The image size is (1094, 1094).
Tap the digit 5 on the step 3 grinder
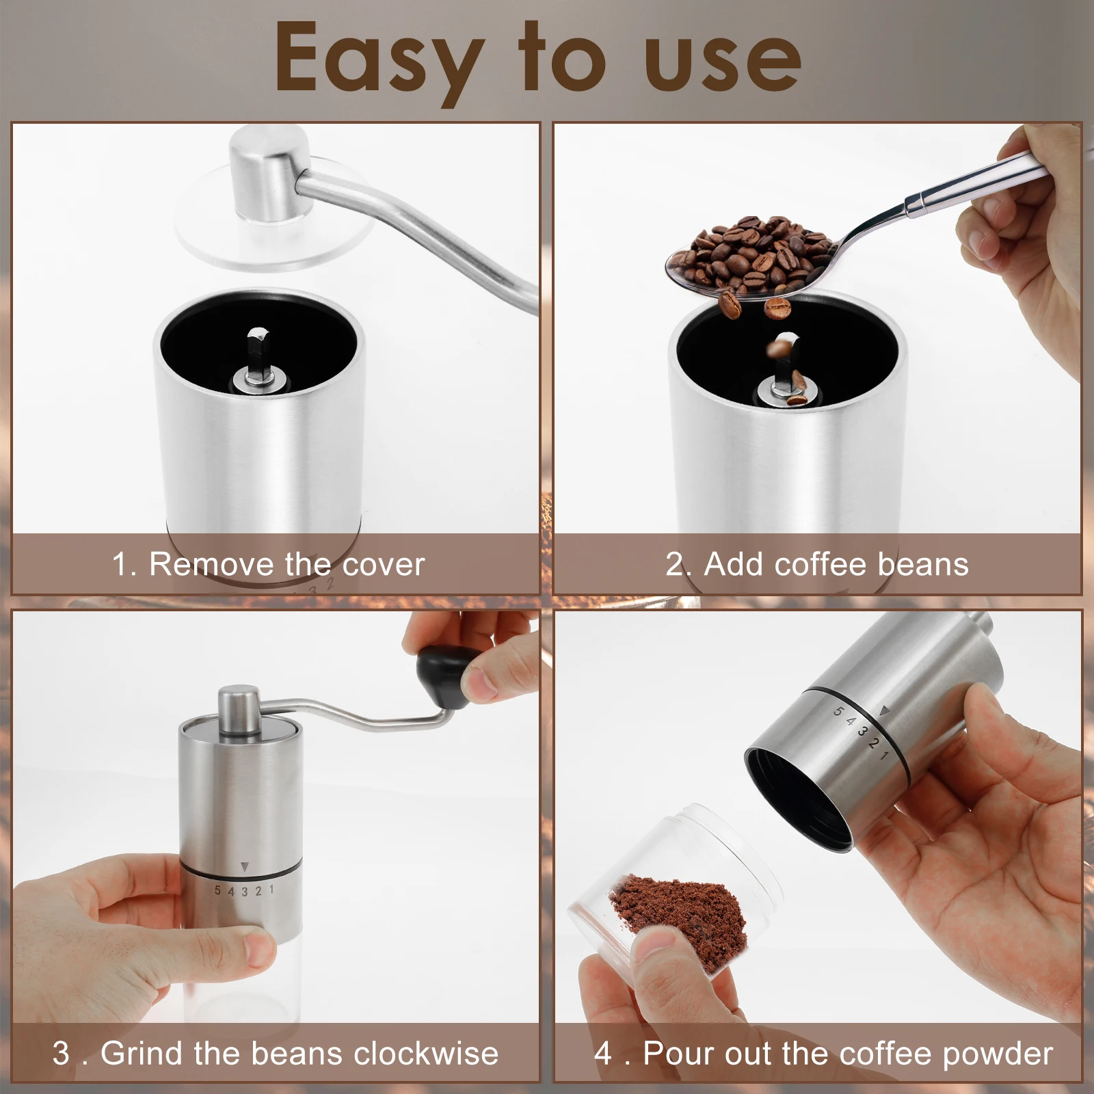click(x=217, y=891)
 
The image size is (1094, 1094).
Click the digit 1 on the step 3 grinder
click(x=271, y=890)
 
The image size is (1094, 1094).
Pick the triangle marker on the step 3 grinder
click(x=245, y=867)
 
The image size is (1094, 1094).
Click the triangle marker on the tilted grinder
click(x=884, y=711)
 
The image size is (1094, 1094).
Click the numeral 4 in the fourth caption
click(x=603, y=1054)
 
